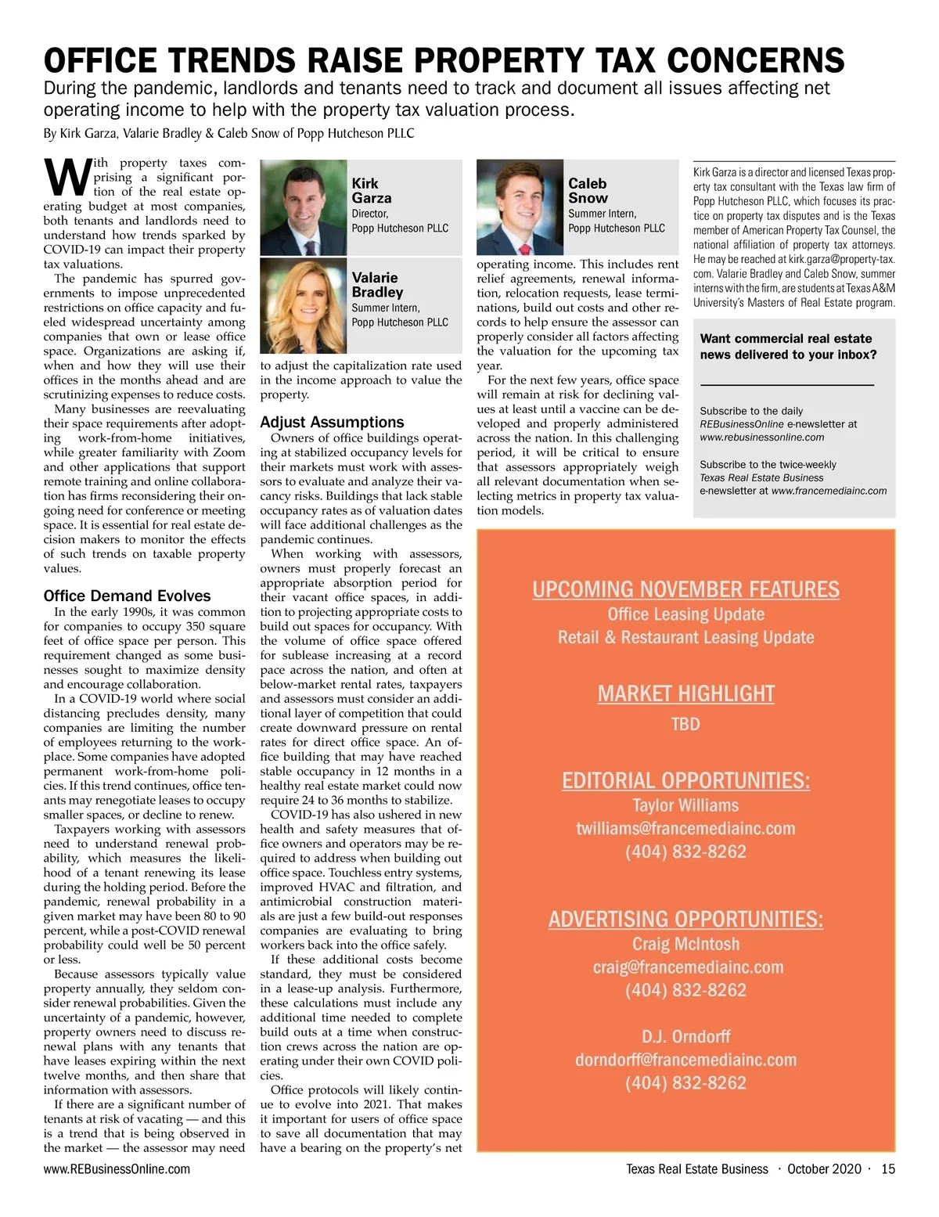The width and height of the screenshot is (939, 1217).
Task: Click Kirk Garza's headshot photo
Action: tap(303, 207)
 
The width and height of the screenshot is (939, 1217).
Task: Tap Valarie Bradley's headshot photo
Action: tap(303, 305)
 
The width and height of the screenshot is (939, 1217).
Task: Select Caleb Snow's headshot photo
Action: tap(520, 207)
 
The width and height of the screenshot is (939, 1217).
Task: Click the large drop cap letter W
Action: tap(67, 177)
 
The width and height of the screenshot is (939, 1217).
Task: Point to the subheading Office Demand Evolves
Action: tap(127, 596)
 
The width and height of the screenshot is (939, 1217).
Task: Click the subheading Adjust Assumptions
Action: tap(332, 422)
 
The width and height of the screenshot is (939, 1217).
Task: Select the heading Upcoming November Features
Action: tap(685, 589)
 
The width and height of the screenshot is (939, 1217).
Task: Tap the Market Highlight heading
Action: tap(685, 693)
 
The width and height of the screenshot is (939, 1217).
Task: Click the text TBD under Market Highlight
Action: tap(685, 724)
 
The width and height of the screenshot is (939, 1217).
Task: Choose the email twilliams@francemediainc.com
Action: tap(685, 828)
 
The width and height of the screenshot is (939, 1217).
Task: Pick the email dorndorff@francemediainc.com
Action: tap(685, 1060)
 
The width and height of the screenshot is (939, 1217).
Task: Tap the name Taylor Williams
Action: tap(685, 805)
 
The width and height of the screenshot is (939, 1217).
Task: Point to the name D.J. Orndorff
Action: tap(685, 1036)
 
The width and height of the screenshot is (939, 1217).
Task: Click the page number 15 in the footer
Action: tap(887, 1169)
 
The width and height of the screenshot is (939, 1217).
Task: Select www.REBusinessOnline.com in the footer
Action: tap(117, 1169)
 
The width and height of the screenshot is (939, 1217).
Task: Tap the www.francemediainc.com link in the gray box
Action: tap(829, 491)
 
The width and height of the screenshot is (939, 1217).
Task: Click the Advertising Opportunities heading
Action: tap(685, 918)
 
